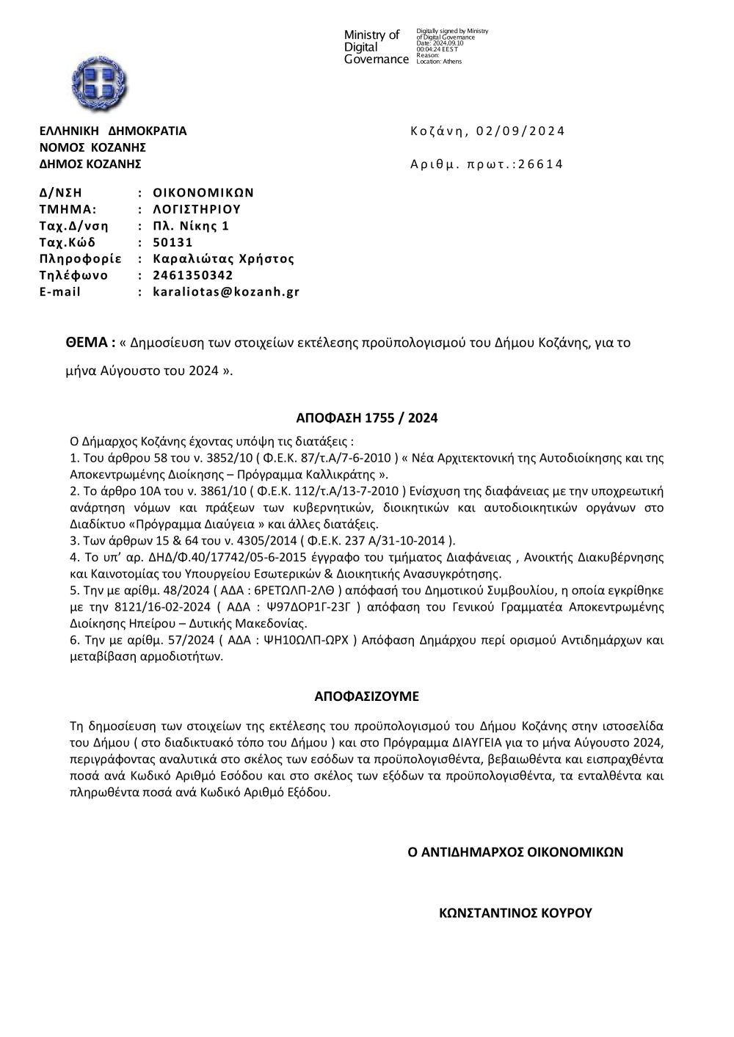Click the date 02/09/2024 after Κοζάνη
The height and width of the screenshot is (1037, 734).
click(x=520, y=131)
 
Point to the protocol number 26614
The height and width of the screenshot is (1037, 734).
click(x=540, y=164)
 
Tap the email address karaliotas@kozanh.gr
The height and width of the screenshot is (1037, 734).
click(x=226, y=292)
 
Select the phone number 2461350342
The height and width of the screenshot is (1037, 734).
click(x=193, y=275)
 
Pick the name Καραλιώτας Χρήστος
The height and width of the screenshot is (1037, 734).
click(x=223, y=259)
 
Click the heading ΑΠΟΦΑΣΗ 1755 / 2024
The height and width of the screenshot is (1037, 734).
click(x=366, y=418)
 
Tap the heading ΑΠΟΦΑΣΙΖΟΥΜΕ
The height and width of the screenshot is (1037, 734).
click(x=366, y=696)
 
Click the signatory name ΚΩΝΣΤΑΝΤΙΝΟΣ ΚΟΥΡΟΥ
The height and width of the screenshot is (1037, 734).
click(x=515, y=914)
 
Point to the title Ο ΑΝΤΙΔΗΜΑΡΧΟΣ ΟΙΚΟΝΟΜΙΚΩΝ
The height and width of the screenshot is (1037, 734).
click(x=515, y=852)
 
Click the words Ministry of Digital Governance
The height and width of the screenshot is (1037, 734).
click(x=375, y=47)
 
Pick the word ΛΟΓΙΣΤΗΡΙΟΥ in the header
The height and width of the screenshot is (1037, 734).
click(x=197, y=209)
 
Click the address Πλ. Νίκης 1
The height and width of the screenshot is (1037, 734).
click(x=191, y=226)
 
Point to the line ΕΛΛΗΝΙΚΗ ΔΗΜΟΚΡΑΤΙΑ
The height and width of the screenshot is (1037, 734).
click(x=113, y=131)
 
